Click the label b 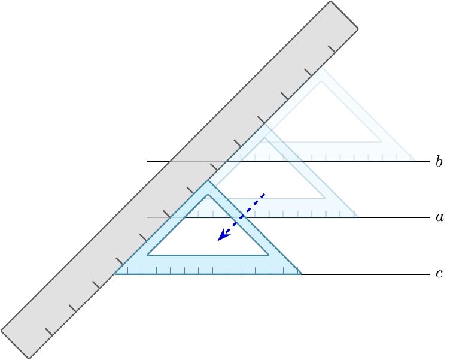coord(439,162)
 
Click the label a coord(439,217)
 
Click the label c coord(439,274)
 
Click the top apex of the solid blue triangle coord(208,180)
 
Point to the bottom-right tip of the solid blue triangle coord(302,274)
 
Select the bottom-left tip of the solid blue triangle coord(114,274)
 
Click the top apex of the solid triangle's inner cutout coord(208,195)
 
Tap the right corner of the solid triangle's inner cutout coord(268,255)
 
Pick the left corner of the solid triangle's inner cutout coord(148,255)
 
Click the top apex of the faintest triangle coord(321,68)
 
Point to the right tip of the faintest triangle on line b coord(414,161)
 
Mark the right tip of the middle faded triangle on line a coord(358,217)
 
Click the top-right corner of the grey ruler coord(358,28)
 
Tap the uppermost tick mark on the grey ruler coord(332,49)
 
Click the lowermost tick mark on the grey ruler coord(49,332)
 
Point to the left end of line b coord(147,161)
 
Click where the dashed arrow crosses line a coord(241,217)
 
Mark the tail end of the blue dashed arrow coord(264,194)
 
